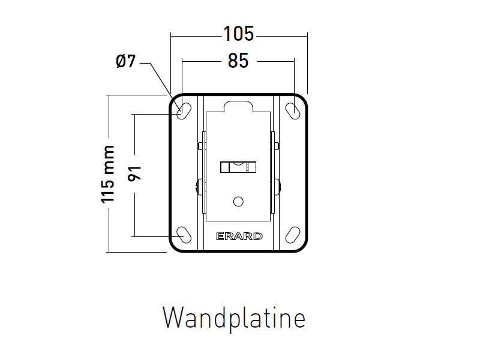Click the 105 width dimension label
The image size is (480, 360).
tap(239, 34)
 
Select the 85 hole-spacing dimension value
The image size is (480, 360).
tap(238, 61)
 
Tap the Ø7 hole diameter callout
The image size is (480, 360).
tap(126, 61)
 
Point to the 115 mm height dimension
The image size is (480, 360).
tap(108, 174)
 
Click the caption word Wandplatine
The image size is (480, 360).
tap(234, 317)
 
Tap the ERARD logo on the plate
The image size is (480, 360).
tap(239, 236)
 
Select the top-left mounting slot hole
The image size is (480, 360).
tap(185, 110)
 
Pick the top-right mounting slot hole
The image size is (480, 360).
tap(293, 110)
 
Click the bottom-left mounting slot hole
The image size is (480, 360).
tap(185, 233)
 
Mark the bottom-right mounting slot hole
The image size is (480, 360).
tap(293, 233)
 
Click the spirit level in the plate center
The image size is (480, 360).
tap(238, 167)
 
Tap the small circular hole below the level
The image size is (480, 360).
tap(238, 201)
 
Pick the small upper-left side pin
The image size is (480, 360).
tap(199, 145)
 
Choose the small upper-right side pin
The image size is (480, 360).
tap(278, 145)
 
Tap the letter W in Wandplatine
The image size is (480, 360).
tap(174, 317)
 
